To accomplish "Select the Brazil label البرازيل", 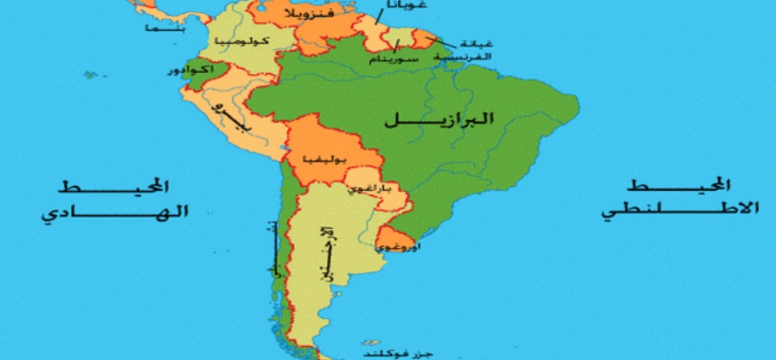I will (439, 119).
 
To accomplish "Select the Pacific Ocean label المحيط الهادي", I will (114, 199).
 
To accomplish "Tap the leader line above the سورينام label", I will (398, 46).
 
